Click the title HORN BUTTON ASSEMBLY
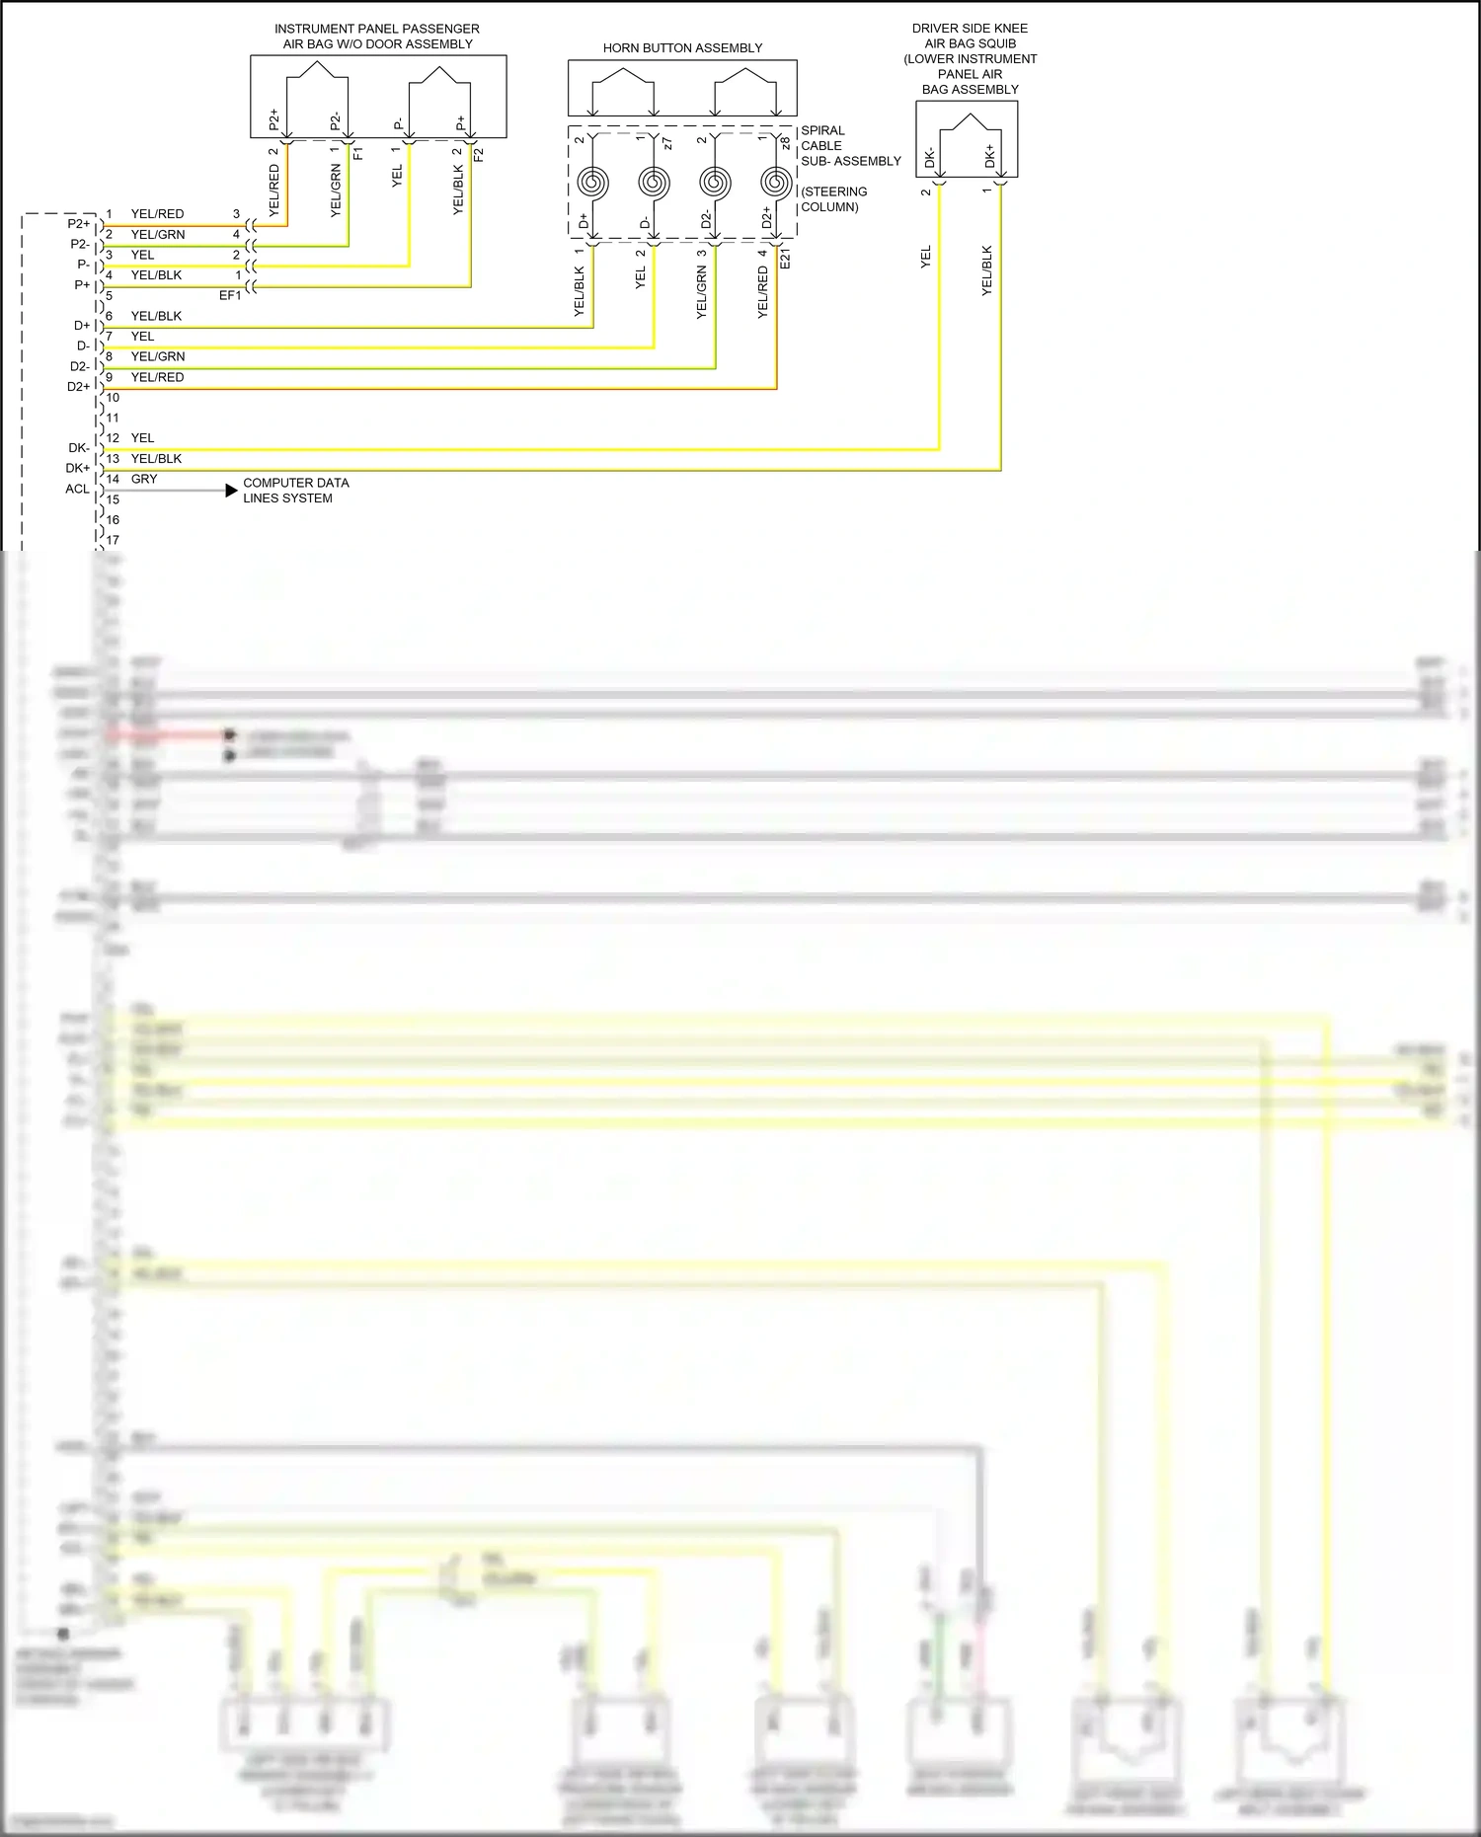(x=682, y=47)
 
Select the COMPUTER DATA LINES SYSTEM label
(x=295, y=491)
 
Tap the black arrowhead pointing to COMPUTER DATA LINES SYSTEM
(x=231, y=491)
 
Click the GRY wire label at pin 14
(x=144, y=479)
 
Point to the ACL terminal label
(x=77, y=489)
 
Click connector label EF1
(x=230, y=295)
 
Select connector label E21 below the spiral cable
(x=785, y=259)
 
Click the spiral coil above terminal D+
(x=592, y=183)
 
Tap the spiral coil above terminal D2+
(x=776, y=183)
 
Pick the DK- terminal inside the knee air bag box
(x=930, y=157)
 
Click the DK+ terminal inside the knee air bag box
(x=990, y=156)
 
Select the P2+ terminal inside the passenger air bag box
(x=274, y=120)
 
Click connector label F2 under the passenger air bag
(x=479, y=154)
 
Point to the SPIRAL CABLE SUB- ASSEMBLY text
(x=850, y=145)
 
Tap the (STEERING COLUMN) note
(x=833, y=199)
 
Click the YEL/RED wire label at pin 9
(x=157, y=377)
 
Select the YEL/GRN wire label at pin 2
(x=158, y=234)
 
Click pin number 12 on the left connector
(x=113, y=438)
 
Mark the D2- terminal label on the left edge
(x=79, y=366)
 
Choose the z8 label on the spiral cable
(x=785, y=143)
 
